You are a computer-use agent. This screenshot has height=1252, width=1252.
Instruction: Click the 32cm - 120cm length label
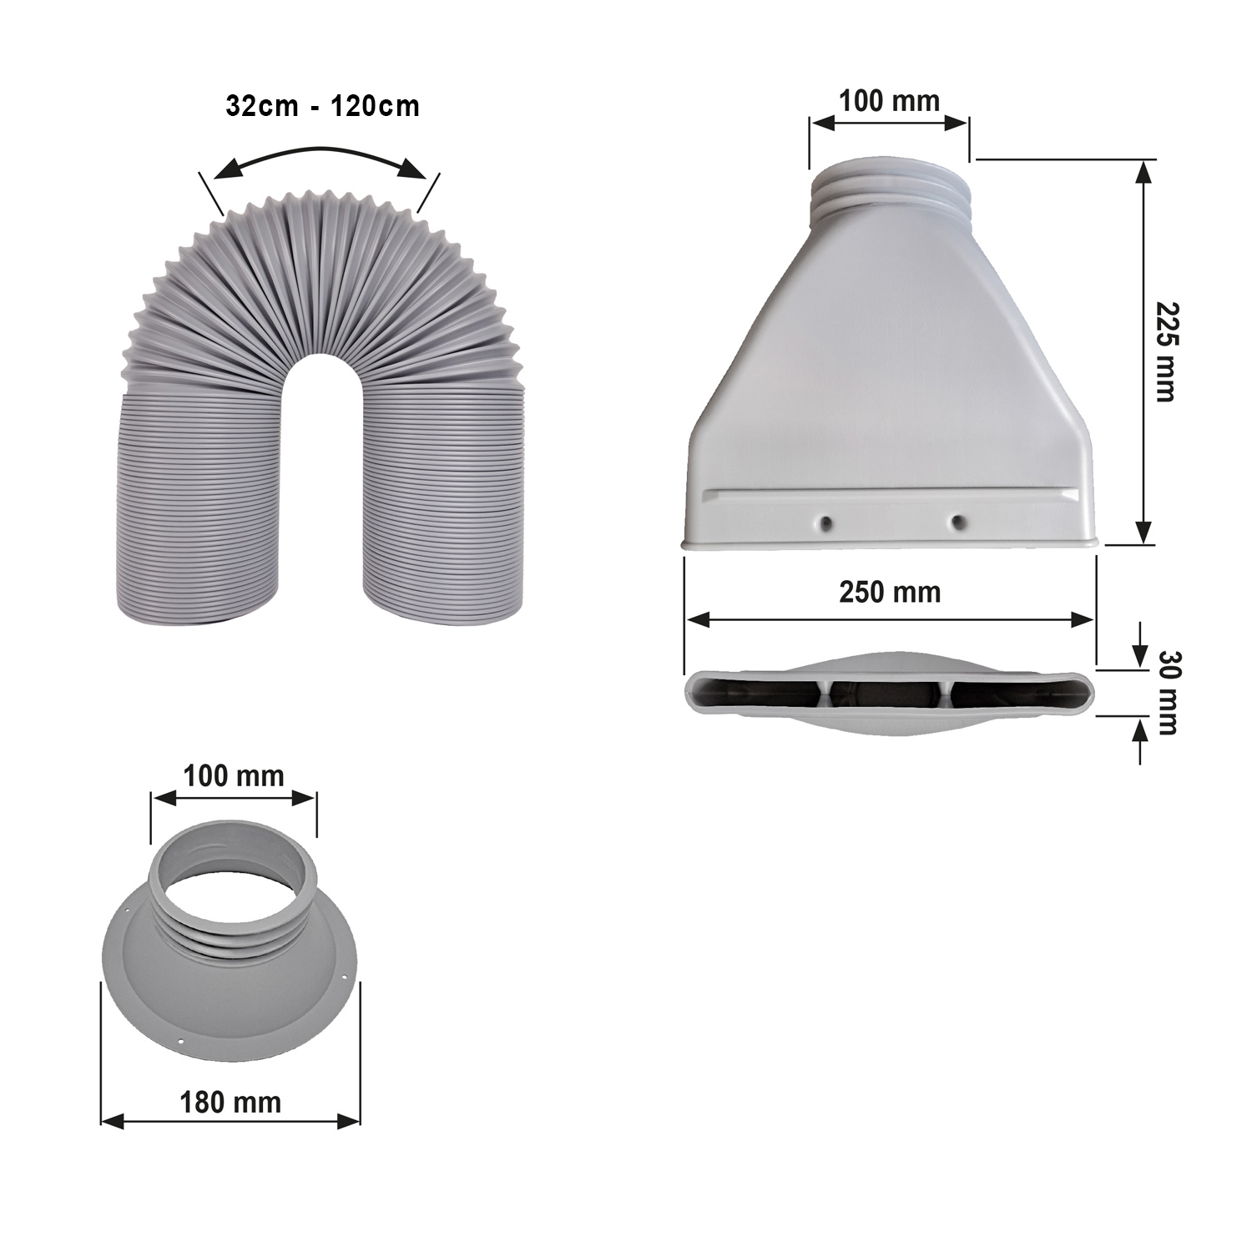pos(322,107)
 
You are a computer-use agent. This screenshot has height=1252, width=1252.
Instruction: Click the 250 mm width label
pos(890,592)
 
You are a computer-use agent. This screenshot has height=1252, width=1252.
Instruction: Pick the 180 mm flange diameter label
pos(230,1102)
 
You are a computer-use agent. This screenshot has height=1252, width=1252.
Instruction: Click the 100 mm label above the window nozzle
pos(889,101)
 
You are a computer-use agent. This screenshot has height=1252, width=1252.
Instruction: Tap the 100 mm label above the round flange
pos(234,775)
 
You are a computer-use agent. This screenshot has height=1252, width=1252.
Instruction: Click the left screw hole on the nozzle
pos(825,523)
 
